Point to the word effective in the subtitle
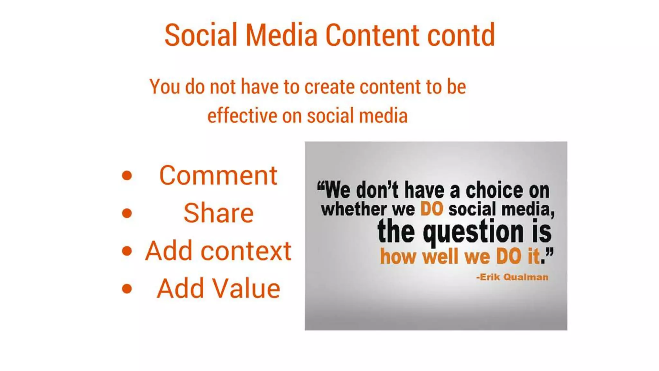coord(241,116)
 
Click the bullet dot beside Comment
coord(127,176)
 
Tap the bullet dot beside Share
coord(127,213)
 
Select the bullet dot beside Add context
coord(127,251)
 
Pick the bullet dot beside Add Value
coord(127,289)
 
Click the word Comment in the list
coord(218,176)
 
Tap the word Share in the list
coord(218,213)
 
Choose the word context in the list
coord(246,251)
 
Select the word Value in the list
coord(245,289)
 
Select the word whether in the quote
coord(354,209)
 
